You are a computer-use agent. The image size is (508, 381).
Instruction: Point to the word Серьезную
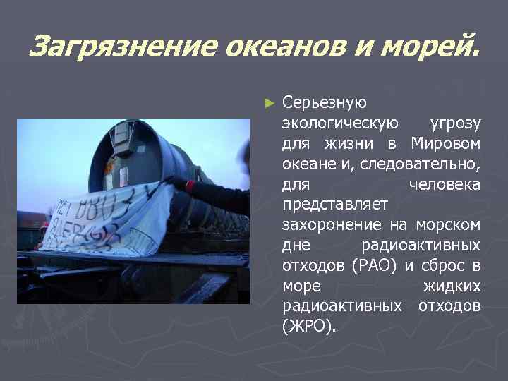(x=324, y=103)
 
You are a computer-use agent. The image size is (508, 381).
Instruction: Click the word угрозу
(x=456, y=123)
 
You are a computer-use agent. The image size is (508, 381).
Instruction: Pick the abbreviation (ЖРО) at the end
(x=309, y=327)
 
